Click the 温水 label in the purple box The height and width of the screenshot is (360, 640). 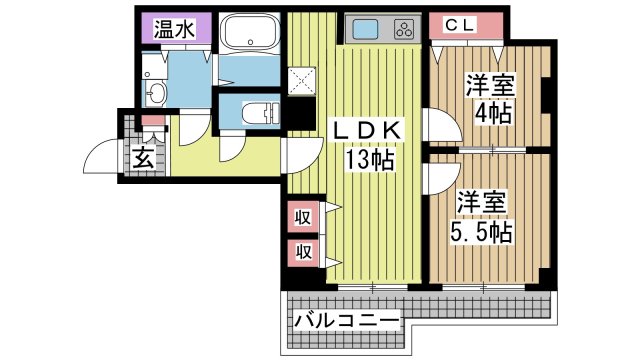click(x=174, y=29)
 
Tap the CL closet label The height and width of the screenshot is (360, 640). click(x=459, y=25)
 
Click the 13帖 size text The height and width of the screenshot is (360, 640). click(x=370, y=160)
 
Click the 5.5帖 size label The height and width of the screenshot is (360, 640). click(x=481, y=232)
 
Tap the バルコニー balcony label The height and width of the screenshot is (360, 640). click(x=346, y=320)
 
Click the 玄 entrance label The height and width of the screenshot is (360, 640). click(x=144, y=157)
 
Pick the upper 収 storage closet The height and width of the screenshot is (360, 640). click(x=303, y=218)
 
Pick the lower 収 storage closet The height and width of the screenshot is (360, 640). click(x=303, y=253)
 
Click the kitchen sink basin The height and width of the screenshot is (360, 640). click(x=365, y=29)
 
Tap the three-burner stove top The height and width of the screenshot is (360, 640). click(x=405, y=29)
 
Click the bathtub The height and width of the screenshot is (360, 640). click(x=249, y=33)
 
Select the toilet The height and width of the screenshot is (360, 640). click(x=259, y=112)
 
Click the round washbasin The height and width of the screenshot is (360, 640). click(x=155, y=94)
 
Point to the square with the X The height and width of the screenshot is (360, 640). click(x=302, y=81)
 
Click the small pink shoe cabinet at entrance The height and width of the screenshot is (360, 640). click(x=153, y=120)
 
